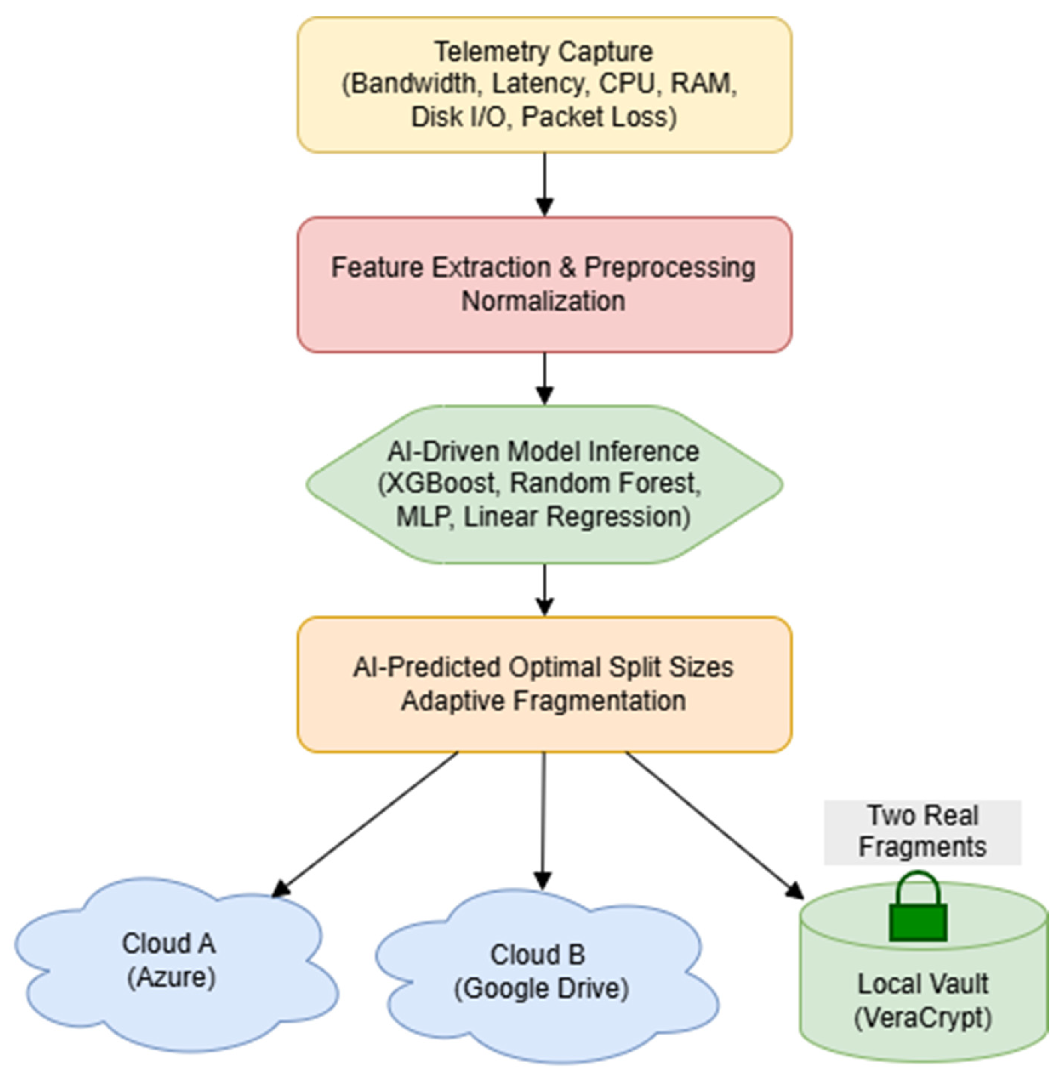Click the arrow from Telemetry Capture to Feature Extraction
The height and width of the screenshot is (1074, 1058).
click(545, 183)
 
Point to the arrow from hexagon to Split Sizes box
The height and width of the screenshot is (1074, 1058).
click(545, 589)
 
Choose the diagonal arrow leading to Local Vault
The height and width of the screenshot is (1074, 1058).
click(714, 823)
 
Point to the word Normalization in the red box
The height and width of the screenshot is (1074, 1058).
click(543, 301)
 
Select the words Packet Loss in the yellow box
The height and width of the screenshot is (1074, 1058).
click(599, 117)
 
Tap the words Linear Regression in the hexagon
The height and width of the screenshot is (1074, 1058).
click(577, 516)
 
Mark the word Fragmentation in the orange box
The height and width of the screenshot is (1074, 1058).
click(599, 700)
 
